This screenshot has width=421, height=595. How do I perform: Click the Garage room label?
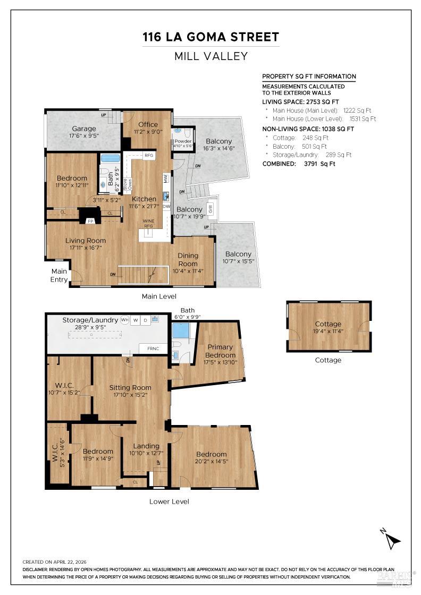pos(84,129)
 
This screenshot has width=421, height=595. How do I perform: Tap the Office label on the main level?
pos(148,124)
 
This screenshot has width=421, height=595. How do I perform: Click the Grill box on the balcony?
pos(210,208)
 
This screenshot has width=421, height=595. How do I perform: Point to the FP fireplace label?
pos(90,221)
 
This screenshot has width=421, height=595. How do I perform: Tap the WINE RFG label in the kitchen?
pos(148,223)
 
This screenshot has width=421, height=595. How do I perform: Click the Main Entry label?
pos(59,276)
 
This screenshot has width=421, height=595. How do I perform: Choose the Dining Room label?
pos(188,260)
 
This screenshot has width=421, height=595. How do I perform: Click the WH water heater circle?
pos(124,320)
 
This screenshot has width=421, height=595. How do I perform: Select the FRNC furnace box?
pos(154,348)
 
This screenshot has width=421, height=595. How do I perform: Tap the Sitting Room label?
pos(130,387)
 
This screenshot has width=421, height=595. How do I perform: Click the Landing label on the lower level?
pos(146,446)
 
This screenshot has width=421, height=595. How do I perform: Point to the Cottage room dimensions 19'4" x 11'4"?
pos(328,331)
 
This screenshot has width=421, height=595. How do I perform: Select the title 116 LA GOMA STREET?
pos(210,37)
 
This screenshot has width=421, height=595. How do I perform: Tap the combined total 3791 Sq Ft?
pos(319,164)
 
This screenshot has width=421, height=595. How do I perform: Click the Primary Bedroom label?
pos(220,351)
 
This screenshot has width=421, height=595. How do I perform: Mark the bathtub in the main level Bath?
pos(110,158)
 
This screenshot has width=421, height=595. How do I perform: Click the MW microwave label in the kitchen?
pos(166,178)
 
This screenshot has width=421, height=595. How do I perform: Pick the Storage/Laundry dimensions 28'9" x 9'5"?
pos(90,327)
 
